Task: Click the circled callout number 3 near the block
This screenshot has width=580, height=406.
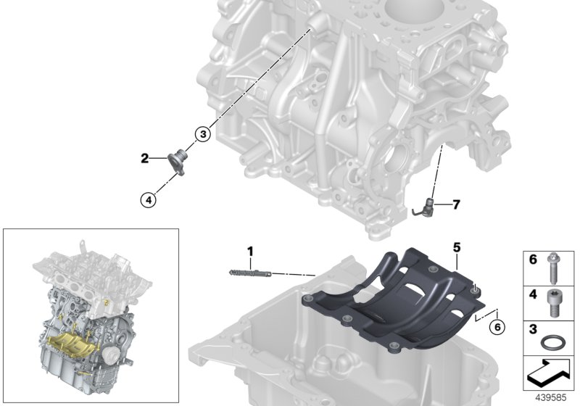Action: tap(203, 133)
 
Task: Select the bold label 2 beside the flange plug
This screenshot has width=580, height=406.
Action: tap(144, 157)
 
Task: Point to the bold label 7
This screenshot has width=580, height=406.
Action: tap(456, 205)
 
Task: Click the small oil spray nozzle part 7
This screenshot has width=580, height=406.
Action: tap(428, 205)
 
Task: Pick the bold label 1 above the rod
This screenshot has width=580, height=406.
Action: tap(250, 252)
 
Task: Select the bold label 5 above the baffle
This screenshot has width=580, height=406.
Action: tap(457, 247)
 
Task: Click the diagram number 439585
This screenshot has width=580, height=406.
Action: tap(550, 399)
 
